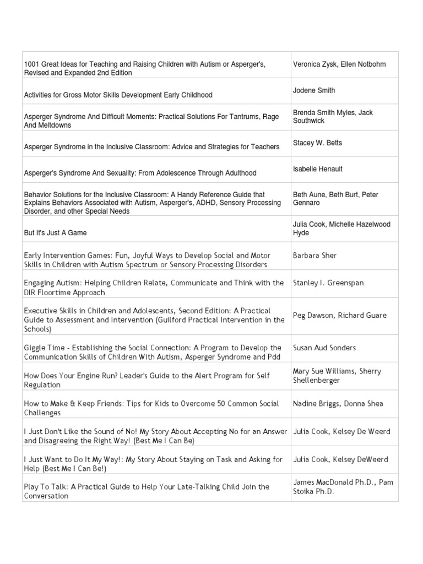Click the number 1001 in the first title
coord(32,64)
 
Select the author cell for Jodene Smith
coord(314,90)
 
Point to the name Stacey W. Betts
coord(317,143)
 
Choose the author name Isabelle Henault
coord(318,169)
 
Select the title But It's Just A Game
coord(55,233)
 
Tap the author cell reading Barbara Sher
coord(314,256)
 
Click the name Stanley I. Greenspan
coord(328,283)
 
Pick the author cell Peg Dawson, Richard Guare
coord(340,316)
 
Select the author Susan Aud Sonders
coord(324,348)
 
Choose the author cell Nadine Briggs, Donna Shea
coord(338,404)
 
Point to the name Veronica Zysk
coord(315,64)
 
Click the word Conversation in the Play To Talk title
coord(46,496)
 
